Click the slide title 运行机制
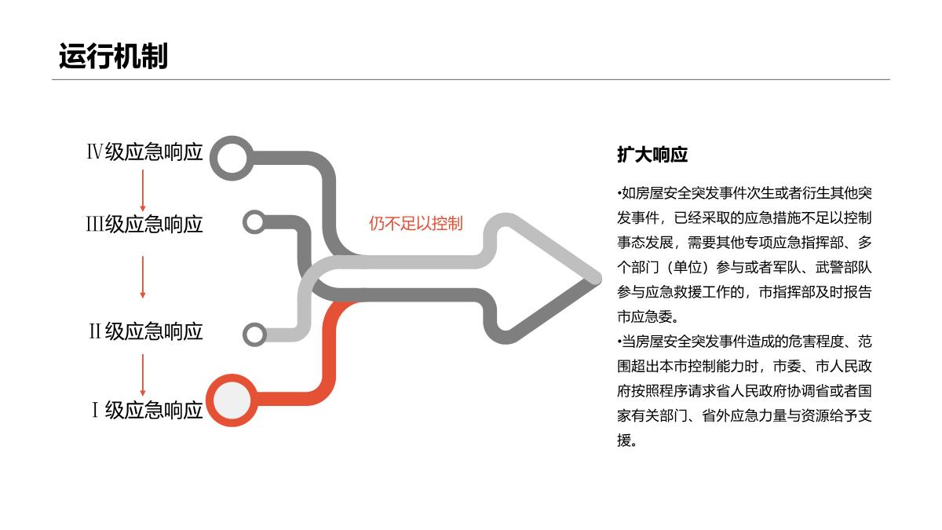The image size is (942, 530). [113, 57]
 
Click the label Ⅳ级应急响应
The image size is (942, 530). [144, 152]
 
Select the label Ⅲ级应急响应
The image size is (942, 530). [144, 225]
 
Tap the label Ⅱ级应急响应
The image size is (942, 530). [145, 331]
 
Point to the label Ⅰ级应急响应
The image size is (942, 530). [148, 410]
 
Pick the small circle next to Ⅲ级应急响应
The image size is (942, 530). [254, 222]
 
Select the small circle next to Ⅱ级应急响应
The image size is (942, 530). [254, 334]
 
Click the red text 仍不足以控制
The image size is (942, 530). [416, 224]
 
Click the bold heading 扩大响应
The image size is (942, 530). [652, 155]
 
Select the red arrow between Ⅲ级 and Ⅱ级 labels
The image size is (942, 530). [143, 276]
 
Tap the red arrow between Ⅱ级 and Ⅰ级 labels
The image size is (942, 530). [143, 375]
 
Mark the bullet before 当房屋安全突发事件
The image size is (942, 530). [619, 342]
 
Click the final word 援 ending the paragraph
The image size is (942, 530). [624, 440]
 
